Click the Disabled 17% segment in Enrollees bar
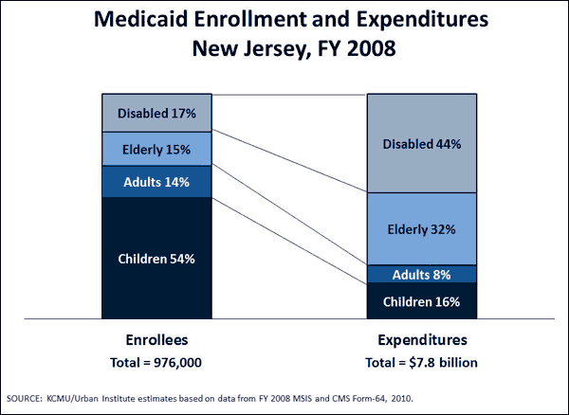pos(156,114)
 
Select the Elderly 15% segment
pos(156,149)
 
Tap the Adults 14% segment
pos(156,181)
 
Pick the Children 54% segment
pos(156,257)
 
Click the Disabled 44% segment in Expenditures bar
pos(421,144)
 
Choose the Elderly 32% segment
pos(421,228)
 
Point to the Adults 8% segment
pos(421,275)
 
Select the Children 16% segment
pos(421,301)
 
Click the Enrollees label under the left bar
pos(156,339)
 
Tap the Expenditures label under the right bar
pos(421,339)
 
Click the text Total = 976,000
pos(156,362)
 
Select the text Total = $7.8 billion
pos(421,362)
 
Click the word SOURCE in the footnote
pos(26,398)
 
